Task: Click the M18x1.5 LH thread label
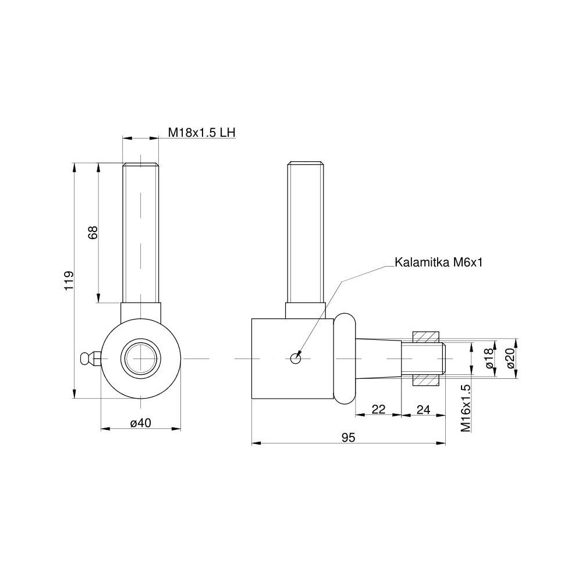pyautogui.click(x=202, y=133)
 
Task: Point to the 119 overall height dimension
pyautogui.click(x=69, y=281)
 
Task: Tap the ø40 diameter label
pyautogui.click(x=141, y=423)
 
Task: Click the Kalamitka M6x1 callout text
pyautogui.click(x=438, y=262)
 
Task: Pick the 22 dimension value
pyautogui.click(x=379, y=409)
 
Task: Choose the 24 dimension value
pyautogui.click(x=423, y=409)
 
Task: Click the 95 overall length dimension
pyautogui.click(x=348, y=438)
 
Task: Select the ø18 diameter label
pyautogui.click(x=490, y=358)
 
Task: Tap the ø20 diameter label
pyautogui.click(x=511, y=358)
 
